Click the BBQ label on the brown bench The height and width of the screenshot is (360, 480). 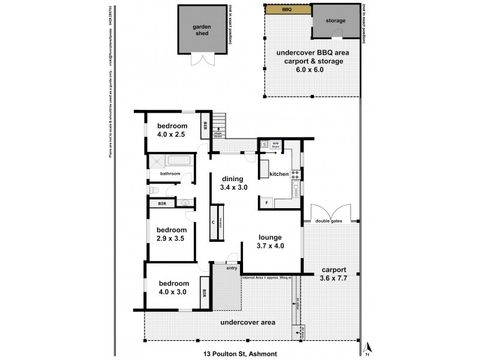pos(288,10)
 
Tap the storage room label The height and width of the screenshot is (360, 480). pos(335,21)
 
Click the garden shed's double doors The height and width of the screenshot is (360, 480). pos(201,59)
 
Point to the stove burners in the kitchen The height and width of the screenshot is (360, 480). pos(295,175)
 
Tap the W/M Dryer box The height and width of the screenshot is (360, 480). pos(276,145)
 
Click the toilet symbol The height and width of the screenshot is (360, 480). pos(154,190)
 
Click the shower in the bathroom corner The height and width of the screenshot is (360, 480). pos(157,161)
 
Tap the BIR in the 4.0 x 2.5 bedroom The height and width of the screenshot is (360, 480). pos(205,125)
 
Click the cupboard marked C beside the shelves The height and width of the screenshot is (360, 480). pos(213,222)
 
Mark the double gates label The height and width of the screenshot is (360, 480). pos(328,221)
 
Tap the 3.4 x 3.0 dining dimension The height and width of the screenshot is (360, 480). pos(232,188)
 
